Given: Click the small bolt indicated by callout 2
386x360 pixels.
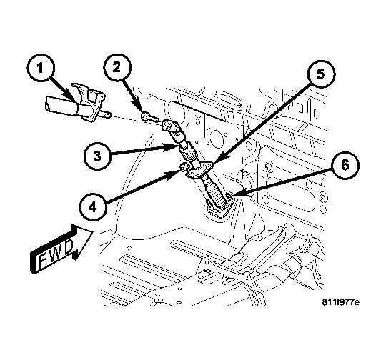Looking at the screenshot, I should coord(146,116).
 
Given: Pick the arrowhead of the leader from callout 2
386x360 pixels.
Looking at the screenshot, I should coord(143,111).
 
